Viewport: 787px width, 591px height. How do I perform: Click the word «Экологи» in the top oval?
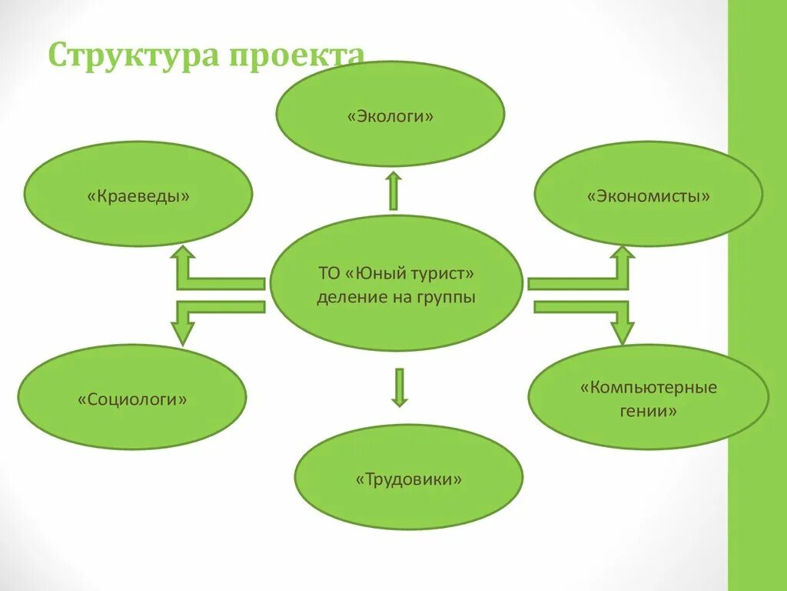390,117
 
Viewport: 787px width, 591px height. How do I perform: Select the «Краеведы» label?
138,196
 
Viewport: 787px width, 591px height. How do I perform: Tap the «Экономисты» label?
649,196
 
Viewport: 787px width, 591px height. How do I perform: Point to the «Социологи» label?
132,399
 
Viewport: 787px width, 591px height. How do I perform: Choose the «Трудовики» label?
409,479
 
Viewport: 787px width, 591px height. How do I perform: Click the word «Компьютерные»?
649,386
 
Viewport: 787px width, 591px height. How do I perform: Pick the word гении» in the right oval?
649,411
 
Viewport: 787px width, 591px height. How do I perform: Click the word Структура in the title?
131,56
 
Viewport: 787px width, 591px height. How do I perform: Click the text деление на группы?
396,297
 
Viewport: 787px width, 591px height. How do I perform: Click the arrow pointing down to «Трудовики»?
399,387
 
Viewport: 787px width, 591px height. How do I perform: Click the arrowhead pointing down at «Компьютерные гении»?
623,332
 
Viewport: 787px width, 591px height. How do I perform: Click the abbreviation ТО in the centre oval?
328,274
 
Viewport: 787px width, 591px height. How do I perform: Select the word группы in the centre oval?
448,297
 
